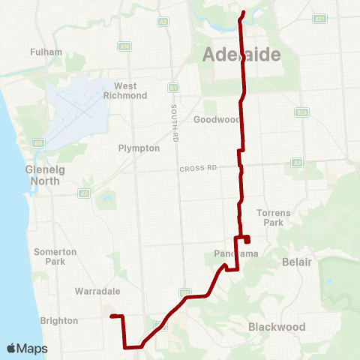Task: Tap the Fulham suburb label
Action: coord(41,52)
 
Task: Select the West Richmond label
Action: coord(130,91)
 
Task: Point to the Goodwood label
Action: coord(216,119)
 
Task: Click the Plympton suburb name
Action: coord(139,148)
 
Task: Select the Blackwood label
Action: coord(277,327)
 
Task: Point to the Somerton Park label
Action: coord(55,256)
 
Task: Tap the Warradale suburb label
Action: coord(94,289)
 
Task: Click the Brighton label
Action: coord(59,321)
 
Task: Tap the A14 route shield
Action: coord(124,46)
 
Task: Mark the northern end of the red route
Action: coord(243,12)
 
